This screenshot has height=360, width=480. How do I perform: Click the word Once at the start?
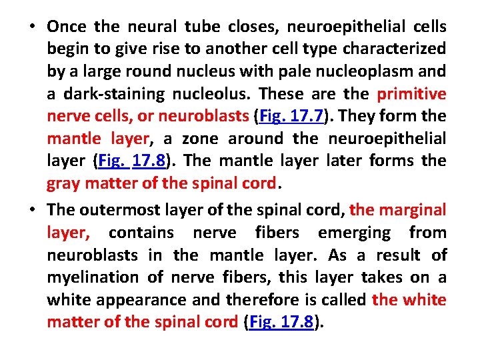(x=67, y=27)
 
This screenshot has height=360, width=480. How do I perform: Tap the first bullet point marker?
(x=32, y=27)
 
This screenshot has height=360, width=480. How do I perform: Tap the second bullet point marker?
(x=32, y=210)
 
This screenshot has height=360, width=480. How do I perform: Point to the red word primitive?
(x=412, y=93)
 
